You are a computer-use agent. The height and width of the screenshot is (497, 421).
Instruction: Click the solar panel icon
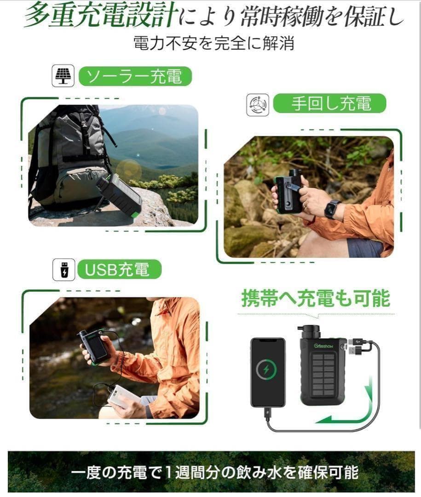(x=63, y=76)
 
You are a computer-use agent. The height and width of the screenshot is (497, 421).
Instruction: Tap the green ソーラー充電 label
(x=135, y=76)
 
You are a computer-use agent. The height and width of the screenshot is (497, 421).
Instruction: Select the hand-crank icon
(x=257, y=105)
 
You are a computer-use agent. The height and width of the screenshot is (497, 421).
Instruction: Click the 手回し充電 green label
(x=330, y=104)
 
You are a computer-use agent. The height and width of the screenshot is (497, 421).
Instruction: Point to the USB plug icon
(x=63, y=270)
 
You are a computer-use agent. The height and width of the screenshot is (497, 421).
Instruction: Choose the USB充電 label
(x=119, y=270)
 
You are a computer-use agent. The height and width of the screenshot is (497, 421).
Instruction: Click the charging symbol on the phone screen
(x=266, y=369)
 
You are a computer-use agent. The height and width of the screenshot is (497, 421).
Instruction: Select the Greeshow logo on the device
(x=323, y=346)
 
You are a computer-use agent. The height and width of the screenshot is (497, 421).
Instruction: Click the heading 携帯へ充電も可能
(x=316, y=299)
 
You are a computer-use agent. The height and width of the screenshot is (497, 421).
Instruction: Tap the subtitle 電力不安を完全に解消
(x=213, y=43)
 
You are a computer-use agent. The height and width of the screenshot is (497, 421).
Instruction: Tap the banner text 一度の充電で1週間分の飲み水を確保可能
(x=214, y=473)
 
